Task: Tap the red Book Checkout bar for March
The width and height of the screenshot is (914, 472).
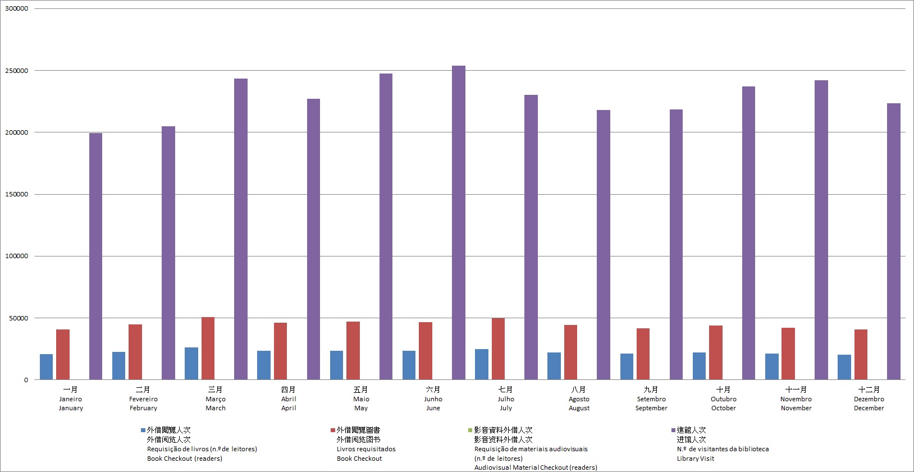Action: tap(208, 349)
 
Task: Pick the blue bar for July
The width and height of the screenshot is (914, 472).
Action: tap(481, 364)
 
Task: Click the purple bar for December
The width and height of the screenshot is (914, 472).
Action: tap(893, 241)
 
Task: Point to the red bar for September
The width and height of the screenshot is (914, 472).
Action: tap(643, 354)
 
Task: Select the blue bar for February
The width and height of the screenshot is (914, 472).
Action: tap(118, 366)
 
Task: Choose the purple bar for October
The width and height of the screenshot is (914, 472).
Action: tap(748, 233)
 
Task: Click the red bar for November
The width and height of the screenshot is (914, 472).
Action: tap(788, 354)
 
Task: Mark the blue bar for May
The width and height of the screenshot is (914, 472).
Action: tap(336, 365)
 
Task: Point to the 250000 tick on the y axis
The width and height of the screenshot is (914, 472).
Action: tap(17, 71)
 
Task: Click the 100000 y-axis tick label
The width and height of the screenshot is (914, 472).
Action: tap(17, 256)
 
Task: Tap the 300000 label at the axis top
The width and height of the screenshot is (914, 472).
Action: tap(17, 9)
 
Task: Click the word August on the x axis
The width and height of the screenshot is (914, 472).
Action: tap(579, 408)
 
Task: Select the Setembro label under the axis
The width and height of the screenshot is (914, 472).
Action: tap(651, 399)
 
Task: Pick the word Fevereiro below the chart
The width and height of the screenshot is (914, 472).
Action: tap(143, 399)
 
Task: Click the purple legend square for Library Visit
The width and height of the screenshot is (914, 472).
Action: tap(673, 430)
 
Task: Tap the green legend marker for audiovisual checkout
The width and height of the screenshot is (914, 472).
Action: tap(470, 430)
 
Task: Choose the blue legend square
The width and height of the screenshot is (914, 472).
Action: tap(143, 430)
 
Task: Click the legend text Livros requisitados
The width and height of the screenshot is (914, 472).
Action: tap(366, 449)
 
